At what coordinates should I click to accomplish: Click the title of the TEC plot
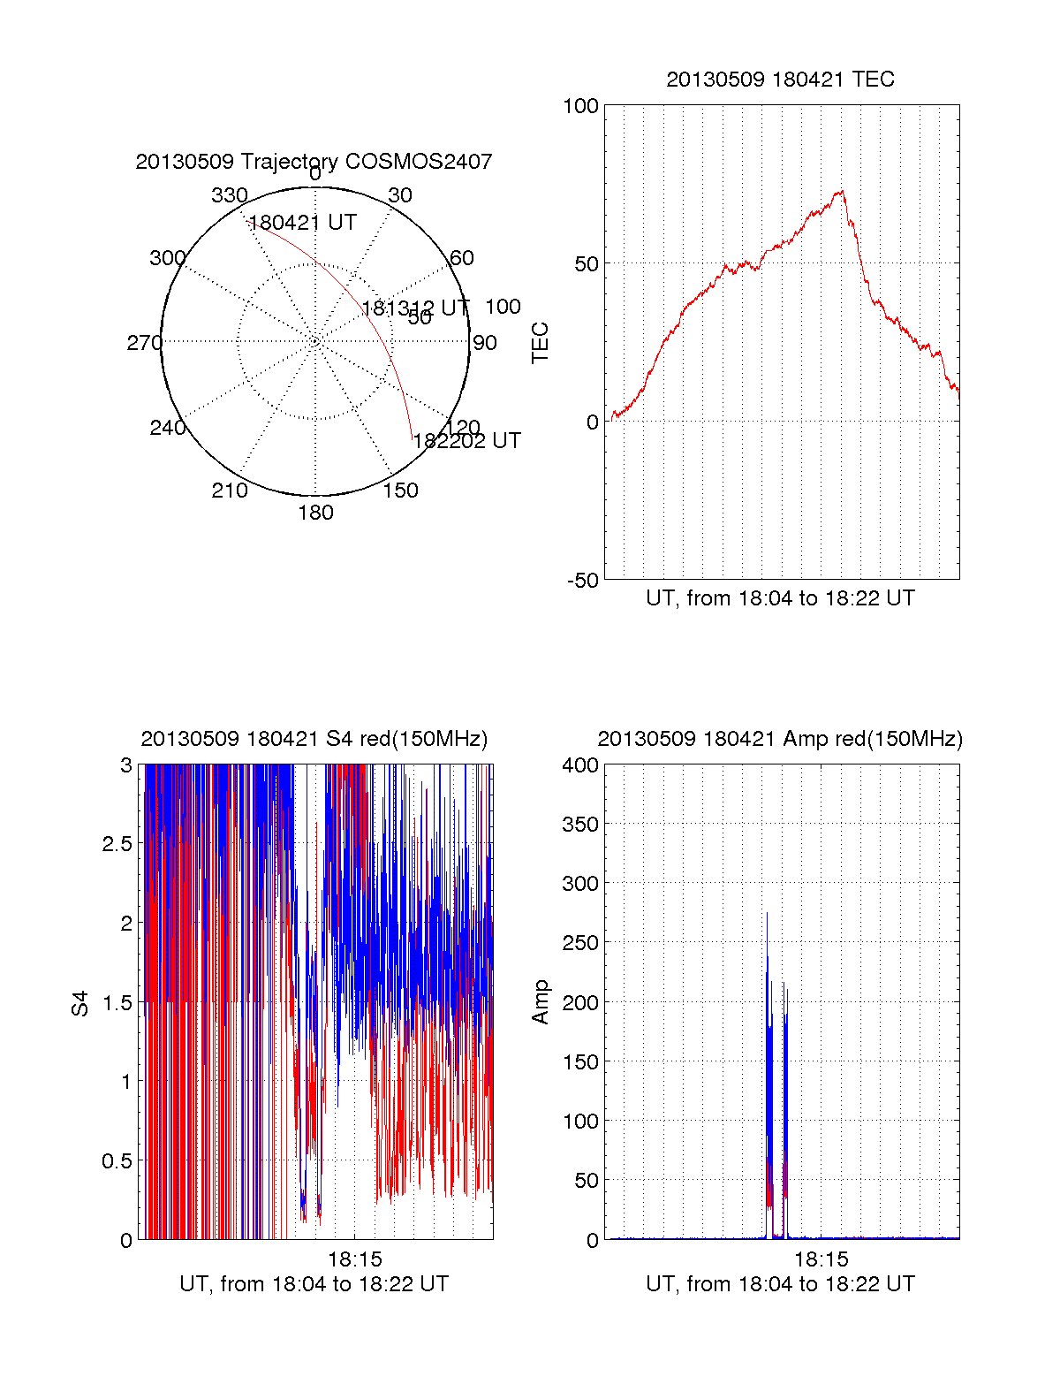[x=780, y=80]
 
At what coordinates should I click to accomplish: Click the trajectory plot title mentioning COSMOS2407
[x=314, y=162]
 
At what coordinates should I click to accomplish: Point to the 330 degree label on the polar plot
[x=230, y=195]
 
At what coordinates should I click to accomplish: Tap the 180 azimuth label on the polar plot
[x=315, y=513]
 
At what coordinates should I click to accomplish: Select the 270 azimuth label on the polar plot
[x=144, y=343]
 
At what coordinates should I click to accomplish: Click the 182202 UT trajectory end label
[x=467, y=441]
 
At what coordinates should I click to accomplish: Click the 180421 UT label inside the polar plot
[x=303, y=223]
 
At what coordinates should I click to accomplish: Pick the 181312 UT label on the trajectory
[x=415, y=308]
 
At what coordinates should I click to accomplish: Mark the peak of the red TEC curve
[x=842, y=191]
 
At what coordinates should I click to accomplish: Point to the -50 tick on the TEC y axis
[x=583, y=581]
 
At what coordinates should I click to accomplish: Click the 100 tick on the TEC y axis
[x=580, y=107]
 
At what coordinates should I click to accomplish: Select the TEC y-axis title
[x=541, y=343]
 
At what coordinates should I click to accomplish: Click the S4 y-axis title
[x=80, y=1003]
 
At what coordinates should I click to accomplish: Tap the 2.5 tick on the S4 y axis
[x=117, y=844]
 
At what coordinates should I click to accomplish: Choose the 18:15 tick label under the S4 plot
[x=355, y=1259]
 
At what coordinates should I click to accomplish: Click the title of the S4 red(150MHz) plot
[x=314, y=739]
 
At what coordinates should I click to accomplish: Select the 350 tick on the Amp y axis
[x=580, y=825]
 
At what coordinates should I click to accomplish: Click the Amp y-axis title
[x=541, y=1002]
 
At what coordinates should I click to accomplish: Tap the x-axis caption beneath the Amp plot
[x=780, y=1284]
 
